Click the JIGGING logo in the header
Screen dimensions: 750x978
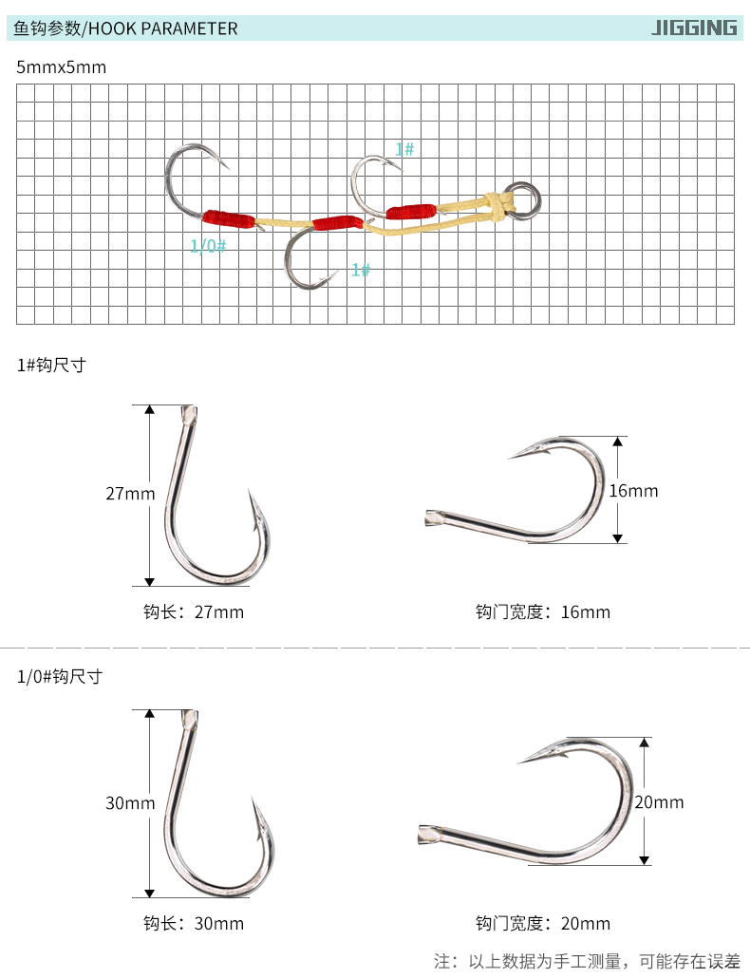pos(694,28)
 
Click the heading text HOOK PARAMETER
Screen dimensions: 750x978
pos(163,28)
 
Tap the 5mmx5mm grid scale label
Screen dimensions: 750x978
pos(61,67)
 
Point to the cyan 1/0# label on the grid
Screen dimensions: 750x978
pos(208,246)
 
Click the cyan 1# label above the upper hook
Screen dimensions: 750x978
pos(404,149)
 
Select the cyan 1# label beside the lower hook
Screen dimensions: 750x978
pos(361,270)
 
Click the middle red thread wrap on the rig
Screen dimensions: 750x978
pos(337,223)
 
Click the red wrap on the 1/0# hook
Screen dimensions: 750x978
pos(229,218)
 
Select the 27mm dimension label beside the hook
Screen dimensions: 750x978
pos(130,494)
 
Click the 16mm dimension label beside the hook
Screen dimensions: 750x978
pos(633,491)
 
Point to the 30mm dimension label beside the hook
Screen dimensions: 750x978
pos(130,802)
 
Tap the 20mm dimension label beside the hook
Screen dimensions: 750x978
pos(659,802)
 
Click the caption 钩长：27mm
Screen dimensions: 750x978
pos(194,611)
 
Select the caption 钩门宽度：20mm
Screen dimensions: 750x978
pos(543,923)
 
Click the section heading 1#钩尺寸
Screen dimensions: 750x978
pos(51,365)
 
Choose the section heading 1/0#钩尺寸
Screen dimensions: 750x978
pos(60,676)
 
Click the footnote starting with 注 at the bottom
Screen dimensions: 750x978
pos(587,961)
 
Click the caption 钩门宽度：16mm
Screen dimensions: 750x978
pos(543,611)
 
